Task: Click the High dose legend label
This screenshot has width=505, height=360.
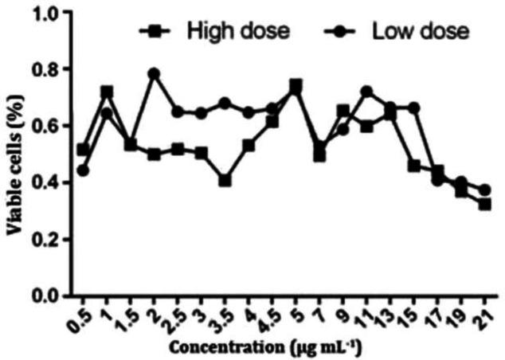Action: coord(238,33)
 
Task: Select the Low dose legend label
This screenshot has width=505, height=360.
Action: coord(420,33)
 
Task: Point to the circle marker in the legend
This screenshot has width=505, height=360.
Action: coord(341,33)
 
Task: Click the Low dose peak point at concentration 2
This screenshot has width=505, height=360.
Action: coord(154,73)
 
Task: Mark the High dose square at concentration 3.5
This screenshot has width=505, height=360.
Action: coord(225,181)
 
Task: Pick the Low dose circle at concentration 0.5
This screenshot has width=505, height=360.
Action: coord(83,170)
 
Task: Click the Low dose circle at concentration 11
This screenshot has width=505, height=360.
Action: coord(367,92)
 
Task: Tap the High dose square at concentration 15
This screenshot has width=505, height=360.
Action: coord(414,166)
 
